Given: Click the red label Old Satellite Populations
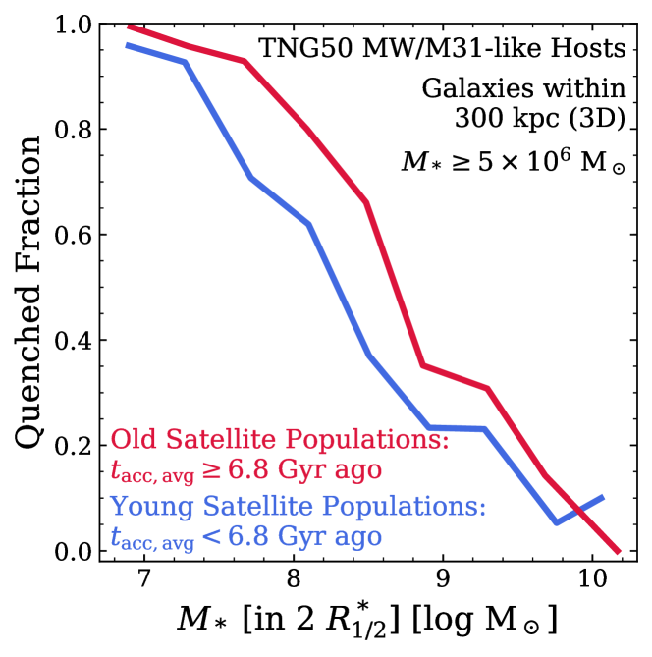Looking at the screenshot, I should [280, 438].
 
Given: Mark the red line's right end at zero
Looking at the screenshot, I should [618, 551].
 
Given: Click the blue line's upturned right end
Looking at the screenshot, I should [602, 497].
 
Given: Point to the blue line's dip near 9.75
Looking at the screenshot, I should [557, 522].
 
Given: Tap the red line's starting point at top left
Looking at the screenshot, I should [129, 26].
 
